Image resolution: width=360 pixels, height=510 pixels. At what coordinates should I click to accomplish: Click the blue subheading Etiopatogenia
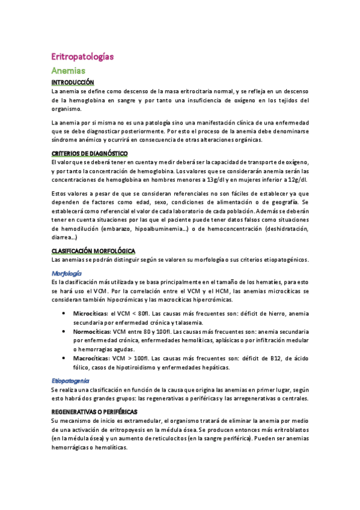coord(70,380)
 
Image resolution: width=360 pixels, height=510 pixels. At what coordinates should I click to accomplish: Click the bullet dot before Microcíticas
coord(64,313)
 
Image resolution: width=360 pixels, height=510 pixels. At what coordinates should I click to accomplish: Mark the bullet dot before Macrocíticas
coord(64,358)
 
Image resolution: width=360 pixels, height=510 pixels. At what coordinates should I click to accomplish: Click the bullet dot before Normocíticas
coord(64,331)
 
